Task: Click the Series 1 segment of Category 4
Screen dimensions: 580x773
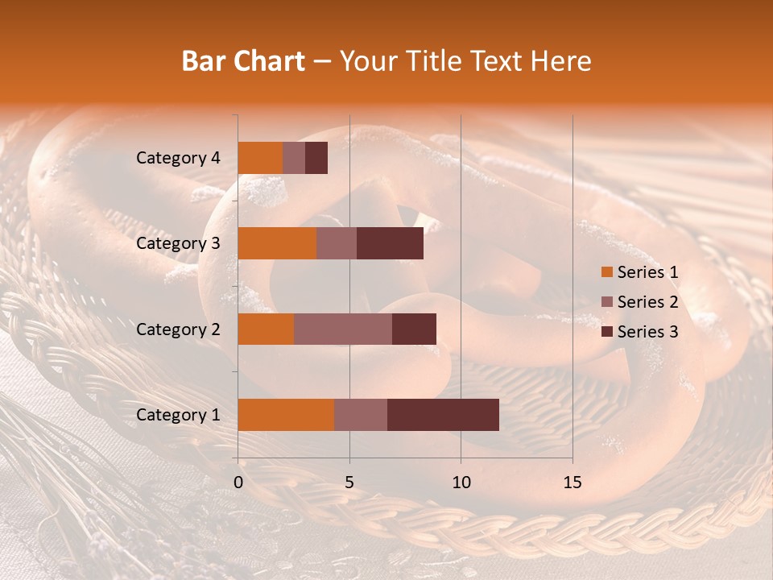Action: [x=260, y=158]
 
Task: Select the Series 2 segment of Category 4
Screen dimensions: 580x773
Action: [x=294, y=158]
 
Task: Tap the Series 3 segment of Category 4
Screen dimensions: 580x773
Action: [x=316, y=158]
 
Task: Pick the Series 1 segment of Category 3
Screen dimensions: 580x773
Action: [x=277, y=243]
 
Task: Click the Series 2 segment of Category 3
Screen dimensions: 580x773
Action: [x=337, y=243]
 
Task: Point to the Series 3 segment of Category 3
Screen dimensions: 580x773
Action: [x=390, y=243]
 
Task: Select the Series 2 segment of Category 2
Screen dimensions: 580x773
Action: [x=343, y=329]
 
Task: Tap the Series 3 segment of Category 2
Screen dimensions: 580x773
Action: [x=414, y=329]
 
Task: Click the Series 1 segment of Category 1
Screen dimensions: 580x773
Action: [x=286, y=415]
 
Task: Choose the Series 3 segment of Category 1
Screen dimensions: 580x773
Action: [x=443, y=415]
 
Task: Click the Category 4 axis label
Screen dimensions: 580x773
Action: [x=178, y=158]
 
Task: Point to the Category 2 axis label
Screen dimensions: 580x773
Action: [x=178, y=329]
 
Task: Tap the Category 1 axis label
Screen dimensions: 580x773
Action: [x=178, y=415]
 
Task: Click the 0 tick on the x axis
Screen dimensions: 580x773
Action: [x=238, y=483]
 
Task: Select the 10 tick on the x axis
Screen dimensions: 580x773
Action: [x=461, y=483]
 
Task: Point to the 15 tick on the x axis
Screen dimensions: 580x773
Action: [x=572, y=483]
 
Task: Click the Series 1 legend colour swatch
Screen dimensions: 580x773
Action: [x=606, y=272]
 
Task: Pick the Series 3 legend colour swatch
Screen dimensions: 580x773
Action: [x=606, y=332]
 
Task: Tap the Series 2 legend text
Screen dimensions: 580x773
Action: [x=647, y=302]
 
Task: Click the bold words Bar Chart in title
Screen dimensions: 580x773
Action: [x=242, y=60]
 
